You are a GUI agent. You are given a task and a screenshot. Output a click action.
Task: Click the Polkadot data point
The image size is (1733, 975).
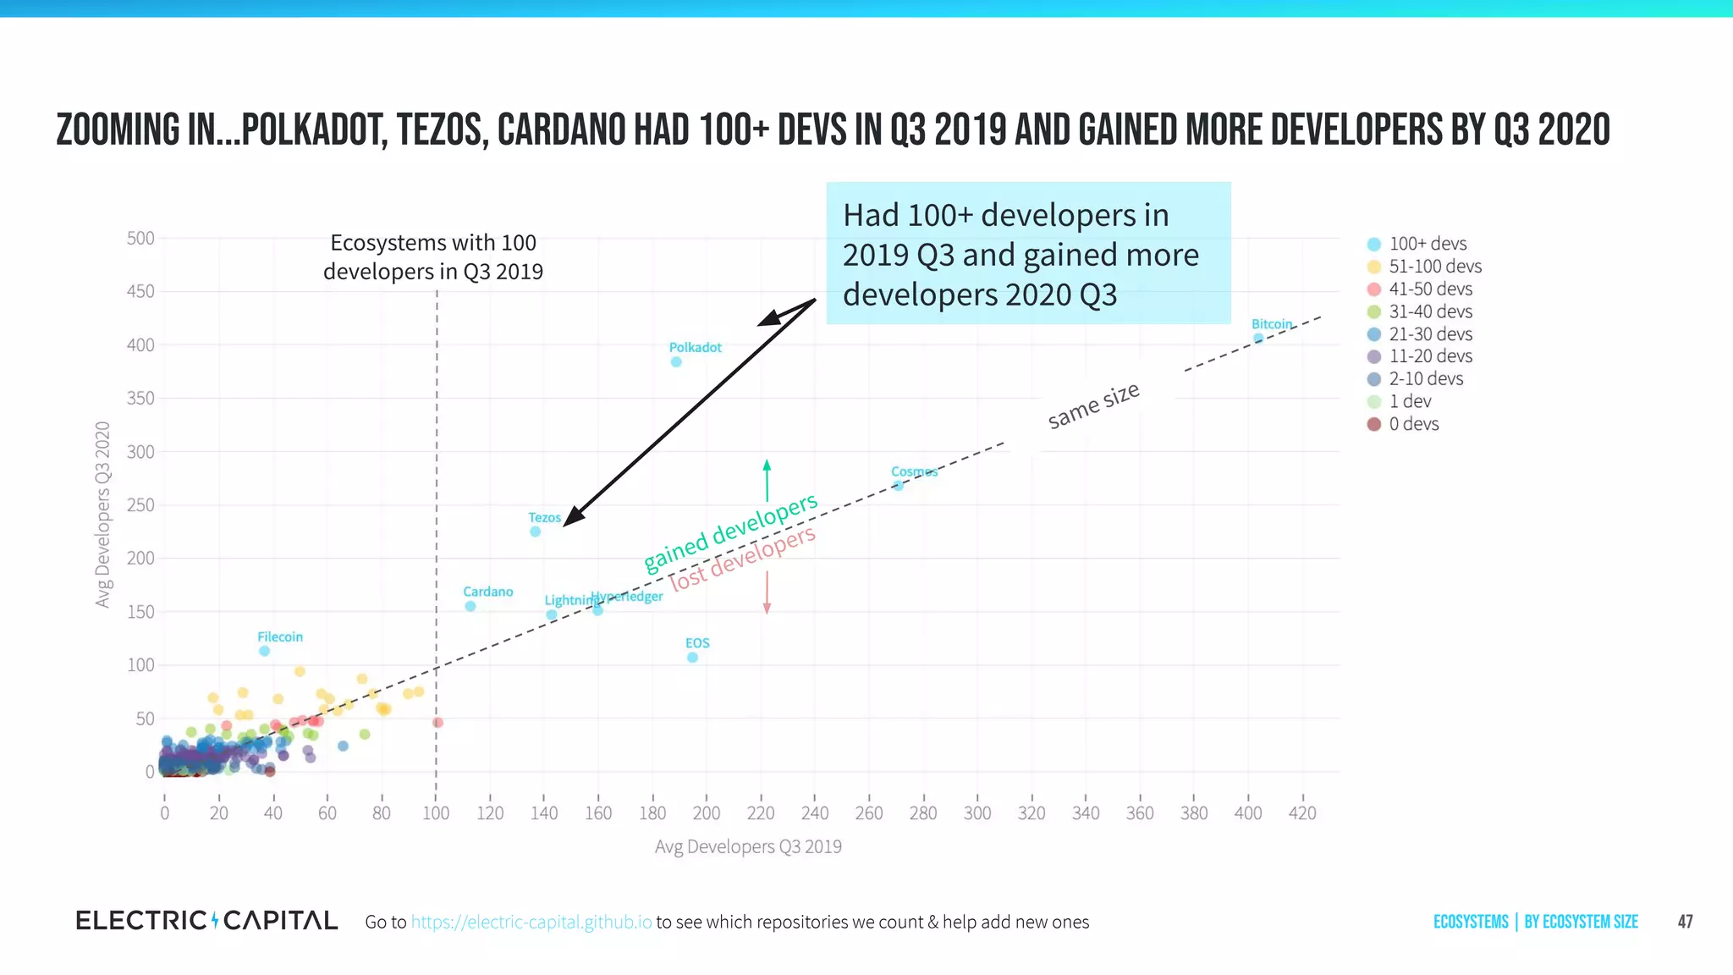click(676, 362)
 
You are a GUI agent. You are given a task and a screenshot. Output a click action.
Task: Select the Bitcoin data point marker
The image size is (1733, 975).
click(1258, 339)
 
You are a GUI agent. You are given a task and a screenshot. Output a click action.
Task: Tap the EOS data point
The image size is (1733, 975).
click(692, 658)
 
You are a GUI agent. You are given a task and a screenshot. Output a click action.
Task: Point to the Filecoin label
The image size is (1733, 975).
click(279, 637)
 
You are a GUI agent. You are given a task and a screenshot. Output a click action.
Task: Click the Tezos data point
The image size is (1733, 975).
click(535, 532)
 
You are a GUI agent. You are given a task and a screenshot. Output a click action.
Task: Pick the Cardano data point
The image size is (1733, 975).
click(470, 606)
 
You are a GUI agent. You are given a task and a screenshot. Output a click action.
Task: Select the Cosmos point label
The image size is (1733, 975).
click(914, 472)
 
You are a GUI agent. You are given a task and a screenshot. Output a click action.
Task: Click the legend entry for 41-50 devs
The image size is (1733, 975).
click(1429, 289)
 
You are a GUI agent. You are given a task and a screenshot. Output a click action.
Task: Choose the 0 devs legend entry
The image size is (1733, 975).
click(1412, 424)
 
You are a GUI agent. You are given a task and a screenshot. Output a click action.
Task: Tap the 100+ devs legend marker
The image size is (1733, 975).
click(1374, 245)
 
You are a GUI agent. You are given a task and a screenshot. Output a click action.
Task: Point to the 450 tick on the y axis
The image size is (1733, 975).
click(140, 292)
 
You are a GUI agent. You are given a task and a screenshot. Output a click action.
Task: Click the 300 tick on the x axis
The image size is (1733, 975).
click(977, 813)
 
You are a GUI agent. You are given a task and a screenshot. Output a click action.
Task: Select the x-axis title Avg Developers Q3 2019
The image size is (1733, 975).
click(748, 846)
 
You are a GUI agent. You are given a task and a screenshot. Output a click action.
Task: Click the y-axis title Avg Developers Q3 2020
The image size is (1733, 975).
click(103, 514)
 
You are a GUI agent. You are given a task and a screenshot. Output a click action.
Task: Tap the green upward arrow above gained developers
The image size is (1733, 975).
click(767, 480)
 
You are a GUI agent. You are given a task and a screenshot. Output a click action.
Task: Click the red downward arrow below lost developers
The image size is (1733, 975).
click(767, 593)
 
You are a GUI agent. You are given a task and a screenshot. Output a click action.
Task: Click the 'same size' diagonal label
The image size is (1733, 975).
click(1093, 405)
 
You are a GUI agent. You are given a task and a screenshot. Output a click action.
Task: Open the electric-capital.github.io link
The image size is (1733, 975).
click(531, 923)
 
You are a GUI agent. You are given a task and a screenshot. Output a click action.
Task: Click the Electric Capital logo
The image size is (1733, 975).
click(206, 921)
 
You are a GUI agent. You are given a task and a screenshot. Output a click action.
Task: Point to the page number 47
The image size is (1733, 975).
click(1685, 922)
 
